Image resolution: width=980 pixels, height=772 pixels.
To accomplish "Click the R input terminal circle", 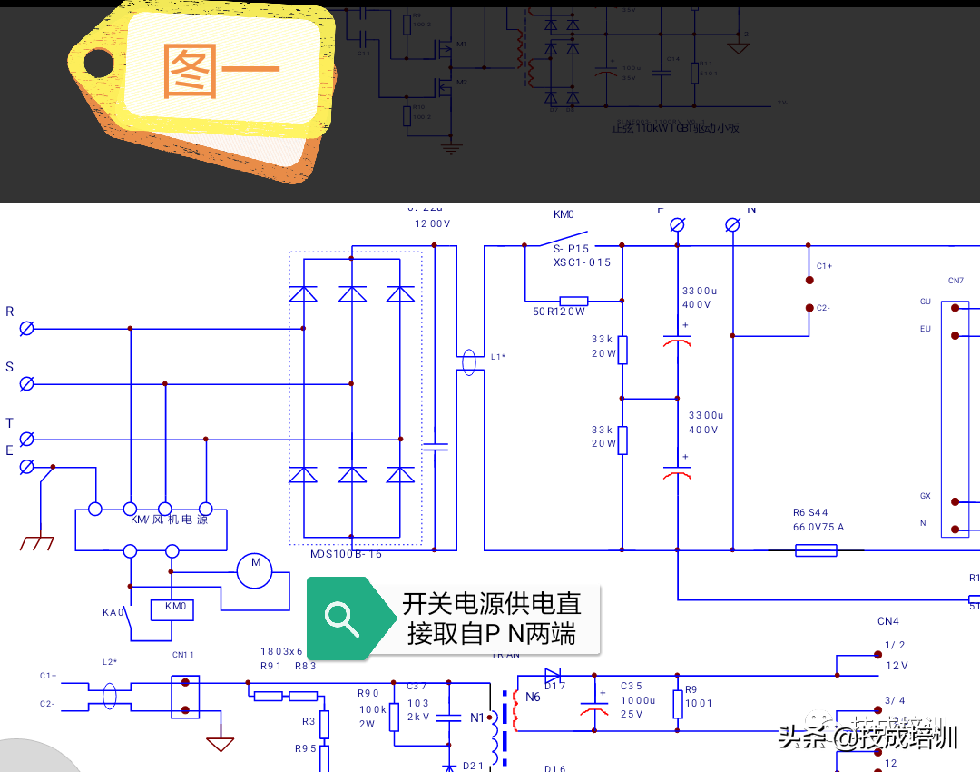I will pos(27,329).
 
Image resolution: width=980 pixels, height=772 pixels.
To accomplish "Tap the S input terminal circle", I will pos(27,384).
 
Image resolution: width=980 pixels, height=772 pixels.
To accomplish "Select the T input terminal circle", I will pos(27,440).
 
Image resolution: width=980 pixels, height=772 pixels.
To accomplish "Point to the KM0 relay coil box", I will pos(174,609).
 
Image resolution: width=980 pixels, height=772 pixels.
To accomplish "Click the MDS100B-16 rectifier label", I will pos(347,553).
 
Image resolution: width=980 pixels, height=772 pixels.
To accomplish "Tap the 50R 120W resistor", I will pos(573,301).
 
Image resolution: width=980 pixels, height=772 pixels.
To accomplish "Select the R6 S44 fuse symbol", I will pos(816,549).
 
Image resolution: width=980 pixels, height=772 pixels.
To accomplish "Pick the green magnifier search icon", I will pos(343,617).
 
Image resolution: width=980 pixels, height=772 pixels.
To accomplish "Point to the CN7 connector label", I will pos(955,281).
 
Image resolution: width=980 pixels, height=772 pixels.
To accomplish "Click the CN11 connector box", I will pos(185,696).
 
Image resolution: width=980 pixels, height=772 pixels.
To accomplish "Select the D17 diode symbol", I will pos(554,676).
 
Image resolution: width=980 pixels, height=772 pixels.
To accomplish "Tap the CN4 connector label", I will pos(887,622).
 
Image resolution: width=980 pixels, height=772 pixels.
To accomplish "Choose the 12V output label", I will pos(897,665).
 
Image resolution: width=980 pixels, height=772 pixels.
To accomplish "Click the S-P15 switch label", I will pos(571,249).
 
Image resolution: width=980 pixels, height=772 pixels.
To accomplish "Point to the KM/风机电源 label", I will pos(169,520).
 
